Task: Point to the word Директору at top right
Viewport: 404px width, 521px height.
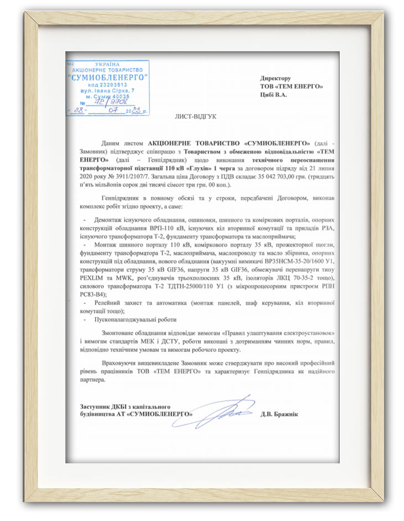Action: pos(276,79)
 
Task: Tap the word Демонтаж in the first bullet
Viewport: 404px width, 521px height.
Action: pos(110,219)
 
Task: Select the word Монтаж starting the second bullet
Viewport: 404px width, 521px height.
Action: pos(108,244)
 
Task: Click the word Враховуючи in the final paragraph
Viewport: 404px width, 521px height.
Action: pos(123,362)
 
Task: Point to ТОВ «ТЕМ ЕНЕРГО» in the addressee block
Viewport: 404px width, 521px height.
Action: pos(291,86)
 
